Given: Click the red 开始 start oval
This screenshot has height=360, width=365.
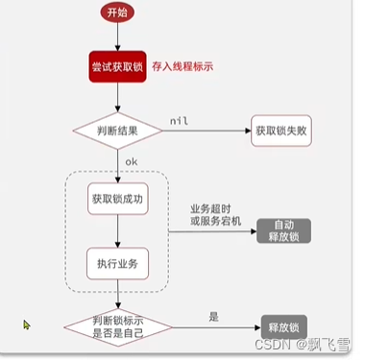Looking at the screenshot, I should (116, 12).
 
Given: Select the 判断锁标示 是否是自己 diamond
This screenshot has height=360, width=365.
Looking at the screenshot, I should (116, 325).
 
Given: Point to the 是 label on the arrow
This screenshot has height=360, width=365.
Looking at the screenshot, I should (213, 315).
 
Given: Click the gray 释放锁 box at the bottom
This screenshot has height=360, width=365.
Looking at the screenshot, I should (286, 326).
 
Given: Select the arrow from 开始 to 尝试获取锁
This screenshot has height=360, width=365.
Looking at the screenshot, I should (116, 36).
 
